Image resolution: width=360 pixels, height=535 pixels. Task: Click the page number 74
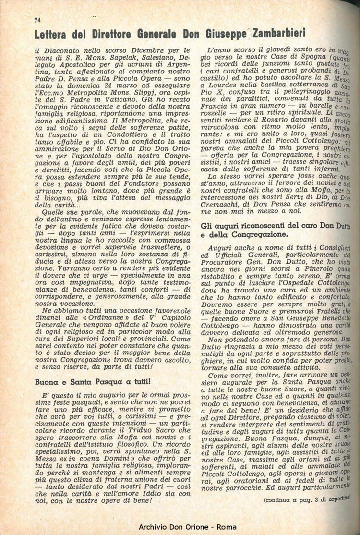point(37,20)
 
